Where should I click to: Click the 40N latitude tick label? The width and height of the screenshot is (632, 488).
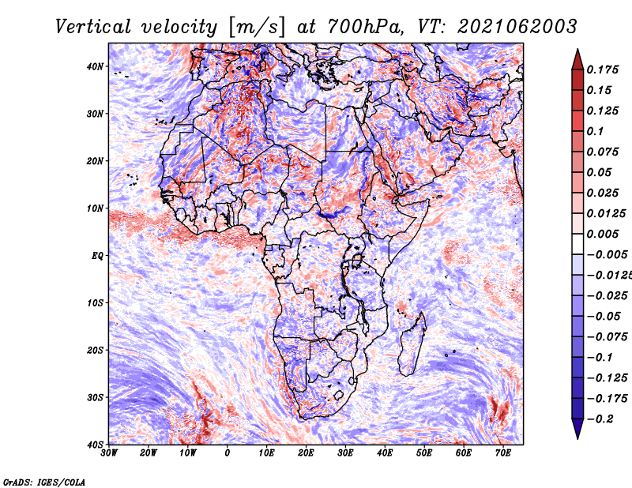pos(95,66)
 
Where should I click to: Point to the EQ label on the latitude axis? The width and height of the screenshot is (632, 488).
pos(97,256)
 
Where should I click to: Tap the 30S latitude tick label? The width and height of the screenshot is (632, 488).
pos(95,397)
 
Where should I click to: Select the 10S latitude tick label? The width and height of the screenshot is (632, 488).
pos(95,302)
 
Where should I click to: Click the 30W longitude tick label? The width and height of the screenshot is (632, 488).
pos(109,453)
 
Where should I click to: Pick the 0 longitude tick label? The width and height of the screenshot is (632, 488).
pos(228,453)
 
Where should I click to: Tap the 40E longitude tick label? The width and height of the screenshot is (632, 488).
pos(385,453)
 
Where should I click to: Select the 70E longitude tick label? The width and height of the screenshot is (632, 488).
pos(503,453)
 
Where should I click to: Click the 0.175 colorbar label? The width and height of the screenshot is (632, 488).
pos(602,69)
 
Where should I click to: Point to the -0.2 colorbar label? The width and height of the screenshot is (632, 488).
pos(600,419)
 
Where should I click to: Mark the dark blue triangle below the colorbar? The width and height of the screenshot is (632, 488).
pos(577,428)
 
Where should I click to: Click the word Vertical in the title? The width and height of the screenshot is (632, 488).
pos(93,27)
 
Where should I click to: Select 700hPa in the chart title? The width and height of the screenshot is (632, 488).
pos(364,27)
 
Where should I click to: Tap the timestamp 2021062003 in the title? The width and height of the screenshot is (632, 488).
pos(517,27)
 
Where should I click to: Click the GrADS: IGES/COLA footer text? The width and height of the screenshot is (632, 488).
pos(44,482)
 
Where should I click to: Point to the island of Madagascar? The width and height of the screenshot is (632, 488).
pos(412,344)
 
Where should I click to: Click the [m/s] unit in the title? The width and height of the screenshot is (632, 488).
pos(257,28)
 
